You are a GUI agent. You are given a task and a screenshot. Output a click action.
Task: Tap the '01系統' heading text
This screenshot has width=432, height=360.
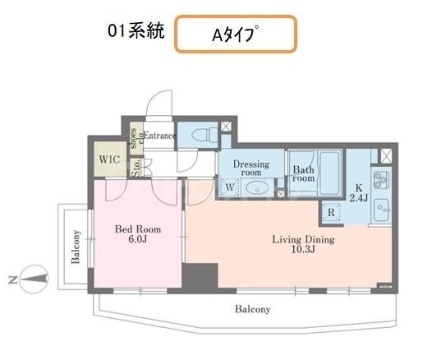pyautogui.click(x=136, y=32)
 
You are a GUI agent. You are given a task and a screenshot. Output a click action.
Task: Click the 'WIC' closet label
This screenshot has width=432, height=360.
pyautogui.click(x=108, y=159)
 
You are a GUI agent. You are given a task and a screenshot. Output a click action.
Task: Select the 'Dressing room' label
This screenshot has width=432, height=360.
pyautogui.click(x=251, y=168)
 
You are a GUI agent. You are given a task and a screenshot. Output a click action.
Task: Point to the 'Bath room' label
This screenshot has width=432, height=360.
pyautogui.click(x=304, y=173)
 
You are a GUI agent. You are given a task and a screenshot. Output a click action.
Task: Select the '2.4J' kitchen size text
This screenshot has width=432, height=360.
pyautogui.click(x=360, y=196)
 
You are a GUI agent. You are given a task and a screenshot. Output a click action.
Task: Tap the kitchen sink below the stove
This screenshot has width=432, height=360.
pyautogui.click(x=383, y=207)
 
